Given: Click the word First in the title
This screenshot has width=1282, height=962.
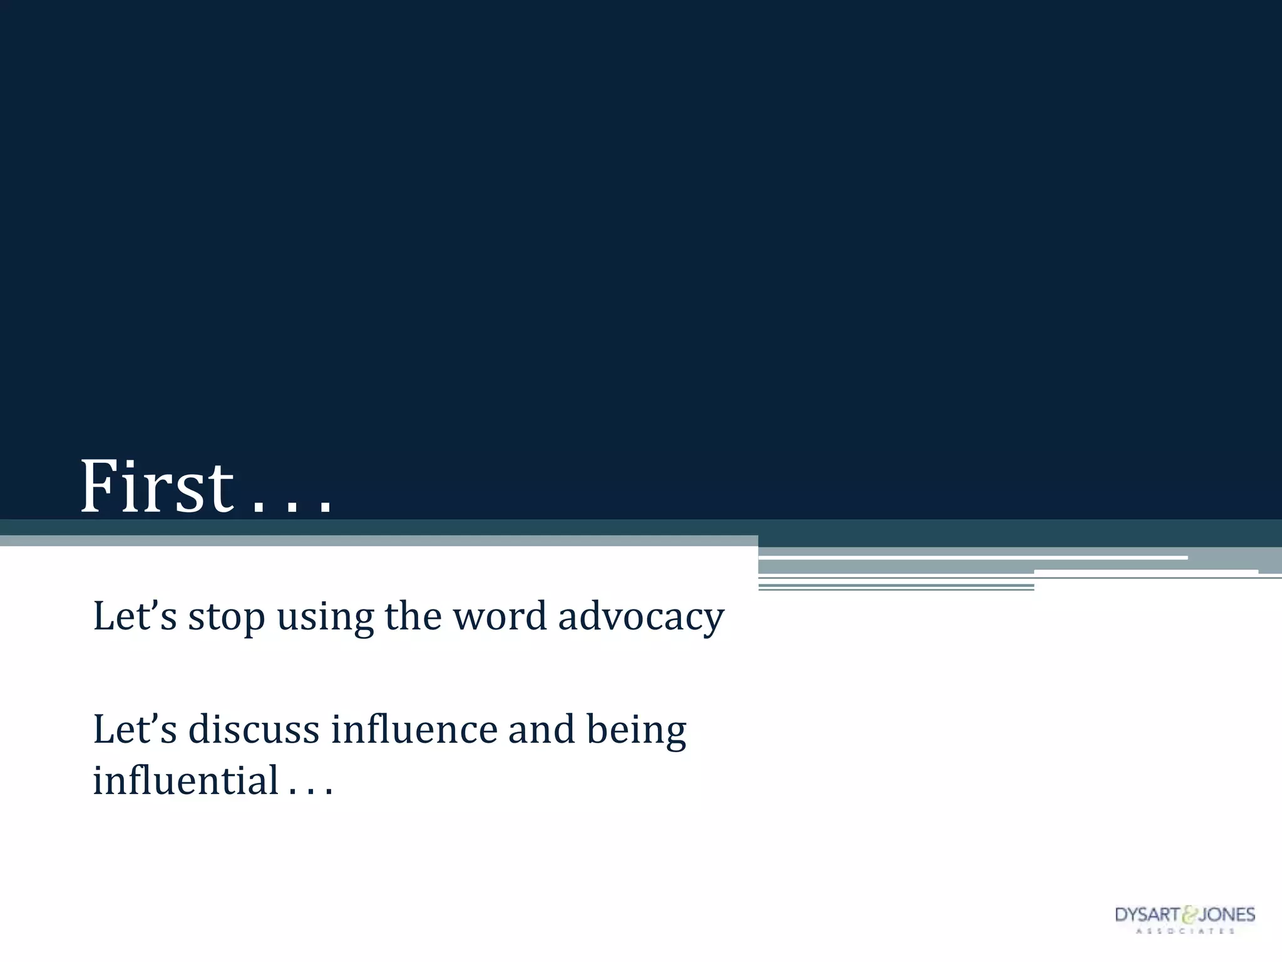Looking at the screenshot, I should click(156, 487).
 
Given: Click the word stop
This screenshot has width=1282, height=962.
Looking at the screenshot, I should click(227, 617).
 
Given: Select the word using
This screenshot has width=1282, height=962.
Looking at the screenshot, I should click(325, 617).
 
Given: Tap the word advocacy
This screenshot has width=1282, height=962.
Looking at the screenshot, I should click(641, 617).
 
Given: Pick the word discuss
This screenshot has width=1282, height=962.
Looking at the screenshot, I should click(254, 730).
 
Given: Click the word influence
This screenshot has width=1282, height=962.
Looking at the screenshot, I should click(414, 730).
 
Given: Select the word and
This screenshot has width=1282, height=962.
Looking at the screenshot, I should click(541, 730).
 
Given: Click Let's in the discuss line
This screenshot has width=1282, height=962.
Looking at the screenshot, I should click(135, 730).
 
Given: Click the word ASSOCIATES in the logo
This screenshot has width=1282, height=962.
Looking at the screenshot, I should click(1185, 931).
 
